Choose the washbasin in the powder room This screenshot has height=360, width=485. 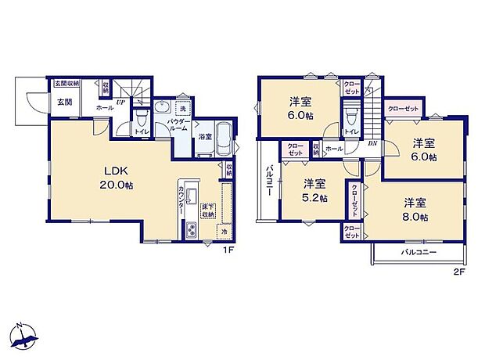(164, 108)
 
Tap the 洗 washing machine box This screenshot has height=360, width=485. (181, 108)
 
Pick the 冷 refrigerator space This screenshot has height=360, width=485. (223, 232)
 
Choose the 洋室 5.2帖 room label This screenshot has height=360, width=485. (314, 190)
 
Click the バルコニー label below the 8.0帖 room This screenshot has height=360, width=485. (419, 254)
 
